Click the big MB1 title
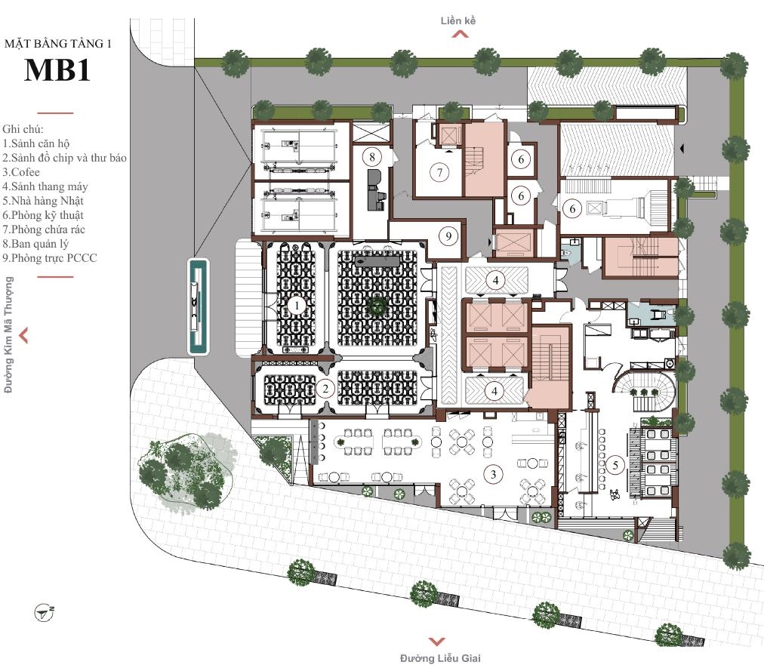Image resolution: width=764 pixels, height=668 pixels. coord(57,70)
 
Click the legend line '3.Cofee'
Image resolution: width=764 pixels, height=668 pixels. coord(21,172)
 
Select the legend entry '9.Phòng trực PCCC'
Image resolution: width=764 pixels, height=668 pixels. coord(50,258)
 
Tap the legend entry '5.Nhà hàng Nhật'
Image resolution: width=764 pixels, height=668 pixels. coord(43,201)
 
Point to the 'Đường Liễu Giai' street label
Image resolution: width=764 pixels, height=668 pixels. coord(440,658)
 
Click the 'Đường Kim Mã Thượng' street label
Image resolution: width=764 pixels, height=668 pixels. coord(8,334)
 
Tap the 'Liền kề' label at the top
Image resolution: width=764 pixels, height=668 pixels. coord(458,20)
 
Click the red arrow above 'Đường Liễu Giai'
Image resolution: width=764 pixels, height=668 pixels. coord(437,642)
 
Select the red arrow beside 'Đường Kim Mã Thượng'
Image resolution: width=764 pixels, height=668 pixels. coord(23,335)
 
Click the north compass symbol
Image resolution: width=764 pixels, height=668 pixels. coord(44,613)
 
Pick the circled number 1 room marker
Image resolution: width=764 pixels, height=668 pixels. coord(296,306)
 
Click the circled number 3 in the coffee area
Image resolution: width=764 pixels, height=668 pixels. coord(493,473)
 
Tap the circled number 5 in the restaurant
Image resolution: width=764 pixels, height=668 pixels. coord(615,465)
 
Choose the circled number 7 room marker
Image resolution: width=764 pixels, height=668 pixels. coord(440,172)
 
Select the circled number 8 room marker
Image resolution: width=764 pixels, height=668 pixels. coord(372,157)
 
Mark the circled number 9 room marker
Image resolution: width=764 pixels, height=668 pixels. coord(448,236)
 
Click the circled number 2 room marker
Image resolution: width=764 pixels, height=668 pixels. coord(325,388)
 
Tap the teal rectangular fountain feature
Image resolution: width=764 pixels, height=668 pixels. coord(199,306)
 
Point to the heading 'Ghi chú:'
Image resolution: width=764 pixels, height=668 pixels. coord(23,129)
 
